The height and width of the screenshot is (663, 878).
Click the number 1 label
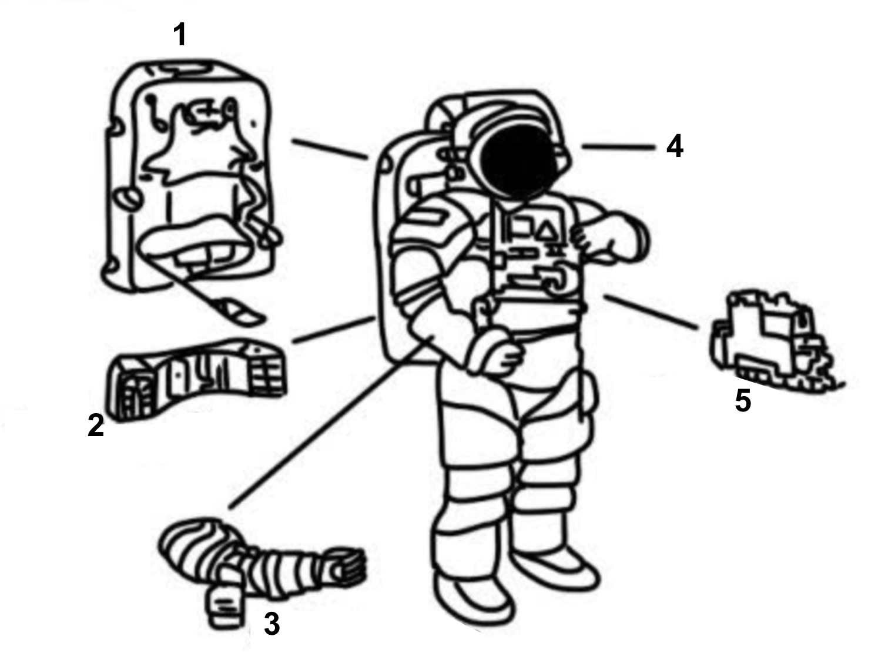click(180, 35)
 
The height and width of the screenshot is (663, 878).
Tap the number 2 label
click(96, 425)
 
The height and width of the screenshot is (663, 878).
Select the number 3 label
click(271, 624)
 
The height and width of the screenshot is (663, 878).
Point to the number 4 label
click(675, 146)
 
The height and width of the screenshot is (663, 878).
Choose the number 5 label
click(743, 401)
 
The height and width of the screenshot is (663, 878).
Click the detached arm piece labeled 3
click(259, 564)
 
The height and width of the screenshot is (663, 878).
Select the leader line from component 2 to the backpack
click(333, 331)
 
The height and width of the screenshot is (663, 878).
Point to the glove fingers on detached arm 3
click(347, 566)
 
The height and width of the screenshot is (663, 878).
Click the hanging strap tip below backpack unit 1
click(241, 312)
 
